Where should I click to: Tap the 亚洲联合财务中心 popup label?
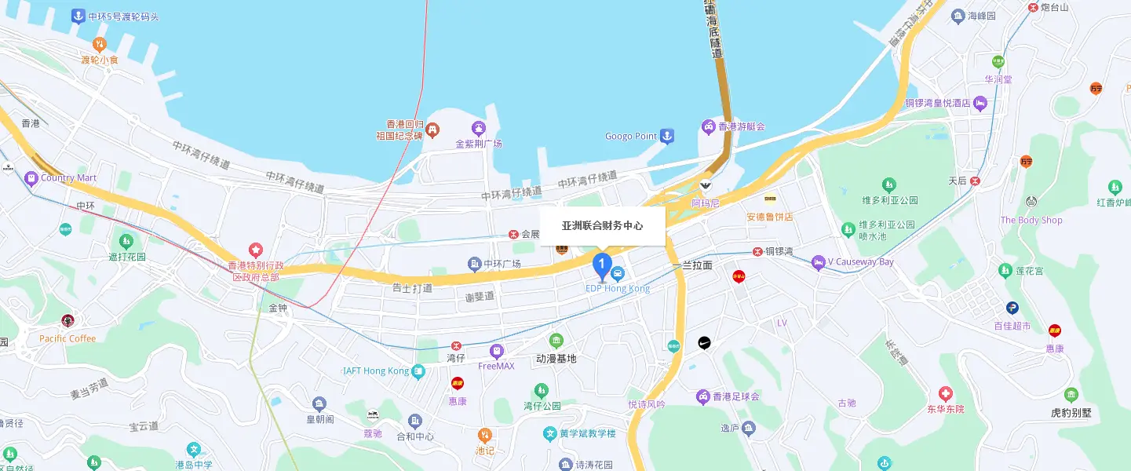[602, 226]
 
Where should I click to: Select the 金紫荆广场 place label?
[478, 144]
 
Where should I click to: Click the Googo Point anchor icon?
[666, 137]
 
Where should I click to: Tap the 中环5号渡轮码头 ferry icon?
[78, 16]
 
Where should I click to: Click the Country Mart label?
[68, 178]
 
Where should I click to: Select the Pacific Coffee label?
[67, 339]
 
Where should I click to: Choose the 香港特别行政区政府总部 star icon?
[255, 250]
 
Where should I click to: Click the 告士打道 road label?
[412, 289]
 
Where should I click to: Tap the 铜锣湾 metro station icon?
[757, 252]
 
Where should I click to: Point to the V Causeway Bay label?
[861, 262]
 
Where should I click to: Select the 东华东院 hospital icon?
[945, 392]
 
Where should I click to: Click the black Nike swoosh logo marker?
[705, 343]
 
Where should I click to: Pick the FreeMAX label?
[496, 366]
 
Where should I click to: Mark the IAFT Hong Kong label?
[376, 371]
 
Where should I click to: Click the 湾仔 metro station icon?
[456, 345]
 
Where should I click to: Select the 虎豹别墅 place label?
[1071, 412]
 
